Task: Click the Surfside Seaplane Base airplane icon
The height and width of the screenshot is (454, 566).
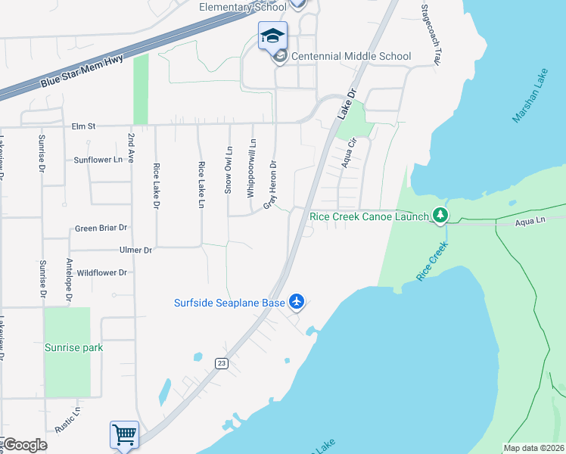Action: pos(297,302)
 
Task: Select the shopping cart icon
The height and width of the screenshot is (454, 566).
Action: pos(124,435)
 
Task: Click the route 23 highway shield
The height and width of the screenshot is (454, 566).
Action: pos(221,363)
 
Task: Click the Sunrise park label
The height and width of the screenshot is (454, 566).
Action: pos(73,348)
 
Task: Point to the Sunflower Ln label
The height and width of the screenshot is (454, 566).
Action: pos(98,160)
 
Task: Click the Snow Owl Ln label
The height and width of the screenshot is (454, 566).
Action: pos(228,169)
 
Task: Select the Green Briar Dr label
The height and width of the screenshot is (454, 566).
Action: pos(100,228)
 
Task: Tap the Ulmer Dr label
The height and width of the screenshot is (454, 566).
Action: pos(135,250)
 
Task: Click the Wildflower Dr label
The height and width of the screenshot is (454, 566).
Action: pos(101,272)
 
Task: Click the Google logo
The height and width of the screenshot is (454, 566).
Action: pos(25,445)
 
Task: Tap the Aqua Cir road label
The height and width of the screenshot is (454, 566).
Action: pos(349,152)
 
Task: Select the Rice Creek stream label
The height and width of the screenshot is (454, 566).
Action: pos(434,261)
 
